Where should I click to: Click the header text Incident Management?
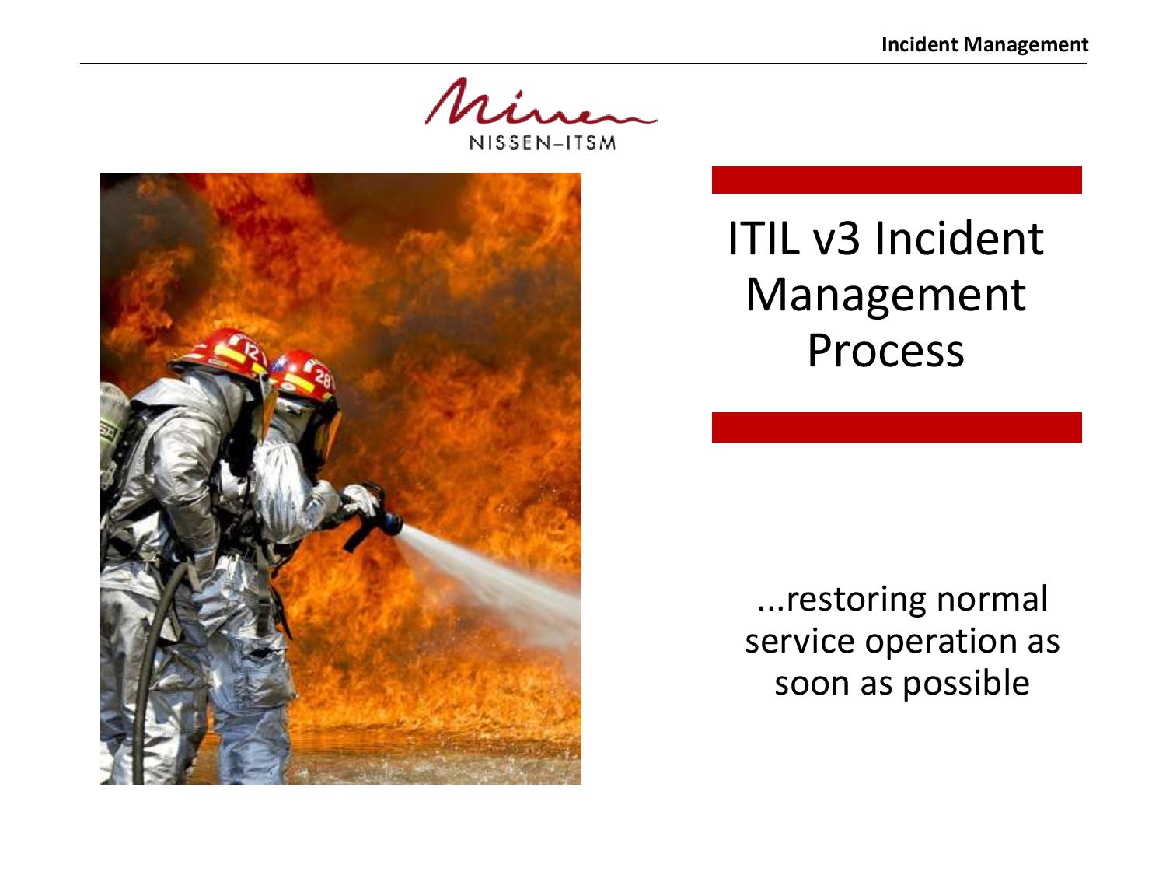click(984, 45)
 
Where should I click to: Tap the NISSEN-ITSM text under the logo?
click(543, 143)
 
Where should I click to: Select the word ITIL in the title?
click(763, 238)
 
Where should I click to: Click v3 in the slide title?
click(836, 239)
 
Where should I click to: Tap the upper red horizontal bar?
click(897, 180)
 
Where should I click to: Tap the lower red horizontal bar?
click(897, 427)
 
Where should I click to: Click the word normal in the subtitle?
click(993, 599)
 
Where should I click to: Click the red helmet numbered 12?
click(222, 353)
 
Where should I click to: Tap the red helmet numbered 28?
click(305, 375)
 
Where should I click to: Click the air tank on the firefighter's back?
click(113, 430)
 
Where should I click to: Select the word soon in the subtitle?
click(811, 684)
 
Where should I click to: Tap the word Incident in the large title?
click(958, 238)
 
